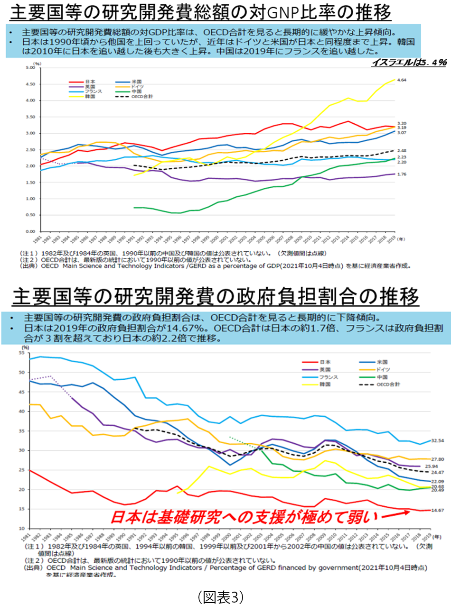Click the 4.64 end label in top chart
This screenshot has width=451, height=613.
coord(402,80)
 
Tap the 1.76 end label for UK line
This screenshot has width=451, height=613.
coord(402,174)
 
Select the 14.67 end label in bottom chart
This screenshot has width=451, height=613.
coord(438,510)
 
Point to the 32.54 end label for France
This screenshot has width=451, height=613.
coord(437,440)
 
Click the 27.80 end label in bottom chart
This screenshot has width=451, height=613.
coord(437,459)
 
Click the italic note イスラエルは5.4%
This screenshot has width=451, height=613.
coord(409,63)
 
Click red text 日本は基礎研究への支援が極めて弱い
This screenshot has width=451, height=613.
coord(244,516)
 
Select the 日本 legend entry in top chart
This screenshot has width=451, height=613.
coord(90,82)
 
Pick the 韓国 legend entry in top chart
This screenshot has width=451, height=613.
coord(90,96)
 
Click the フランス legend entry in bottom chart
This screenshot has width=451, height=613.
coord(328,377)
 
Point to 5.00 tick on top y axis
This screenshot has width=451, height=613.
coord(30,68)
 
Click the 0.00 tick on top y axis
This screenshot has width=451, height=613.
coord(30,231)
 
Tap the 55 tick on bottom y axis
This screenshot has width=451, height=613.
coord(22,353)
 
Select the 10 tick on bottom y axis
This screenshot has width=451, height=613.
coord(22,528)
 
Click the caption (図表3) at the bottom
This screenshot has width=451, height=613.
coord(220,597)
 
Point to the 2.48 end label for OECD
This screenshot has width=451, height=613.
coord(402,151)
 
